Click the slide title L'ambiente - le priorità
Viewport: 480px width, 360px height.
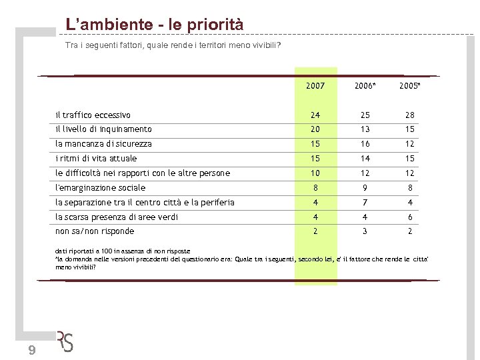pos(154,25)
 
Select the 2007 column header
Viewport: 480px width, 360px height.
pos(315,86)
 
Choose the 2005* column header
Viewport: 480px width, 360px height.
pos(409,86)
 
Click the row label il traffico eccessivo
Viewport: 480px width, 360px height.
pos(93,115)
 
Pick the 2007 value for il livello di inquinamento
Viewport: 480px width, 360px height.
pos(315,129)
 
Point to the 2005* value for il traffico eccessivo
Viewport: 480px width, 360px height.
pos(409,115)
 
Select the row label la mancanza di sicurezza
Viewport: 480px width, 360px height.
pos(103,144)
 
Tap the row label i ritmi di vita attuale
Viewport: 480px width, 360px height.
pos(96,159)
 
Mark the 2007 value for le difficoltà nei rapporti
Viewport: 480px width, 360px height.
pos(315,173)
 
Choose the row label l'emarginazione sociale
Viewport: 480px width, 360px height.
pos(100,188)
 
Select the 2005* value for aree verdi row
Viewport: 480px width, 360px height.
pos(410,217)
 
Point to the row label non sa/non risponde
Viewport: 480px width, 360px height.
pos(95,231)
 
